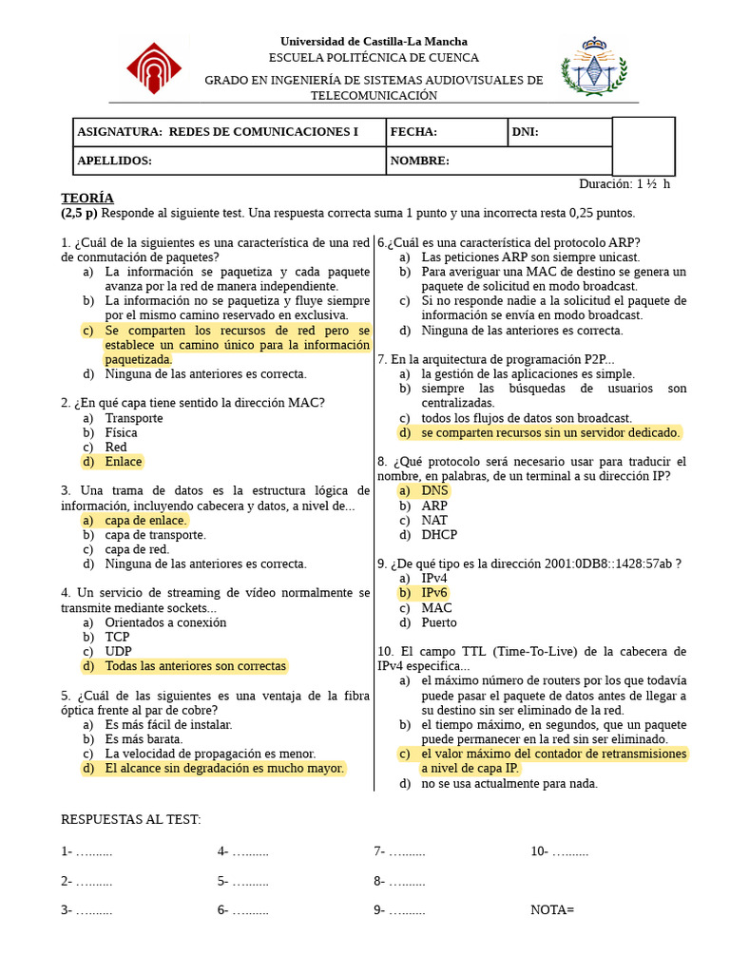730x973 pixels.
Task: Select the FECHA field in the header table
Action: click(x=413, y=133)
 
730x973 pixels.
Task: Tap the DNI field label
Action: click(x=526, y=133)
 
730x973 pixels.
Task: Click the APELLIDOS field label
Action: click(x=114, y=161)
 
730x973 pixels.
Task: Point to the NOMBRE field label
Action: click(x=419, y=161)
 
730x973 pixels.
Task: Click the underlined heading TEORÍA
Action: click(x=87, y=198)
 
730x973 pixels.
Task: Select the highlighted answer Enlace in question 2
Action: click(x=124, y=462)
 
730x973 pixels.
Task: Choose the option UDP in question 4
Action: click(x=118, y=652)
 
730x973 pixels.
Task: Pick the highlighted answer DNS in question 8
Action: click(x=434, y=491)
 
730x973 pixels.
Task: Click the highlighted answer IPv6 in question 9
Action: click(x=434, y=593)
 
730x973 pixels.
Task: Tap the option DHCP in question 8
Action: click(x=439, y=535)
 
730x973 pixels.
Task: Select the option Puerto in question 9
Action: click(x=439, y=622)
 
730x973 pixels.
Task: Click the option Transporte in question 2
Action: click(x=134, y=418)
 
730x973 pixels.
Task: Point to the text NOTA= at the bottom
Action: click(x=552, y=910)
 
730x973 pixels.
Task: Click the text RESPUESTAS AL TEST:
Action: click(x=131, y=819)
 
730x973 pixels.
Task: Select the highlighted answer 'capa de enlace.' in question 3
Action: click(x=146, y=521)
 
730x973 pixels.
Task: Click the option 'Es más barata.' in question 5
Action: click(x=144, y=738)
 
